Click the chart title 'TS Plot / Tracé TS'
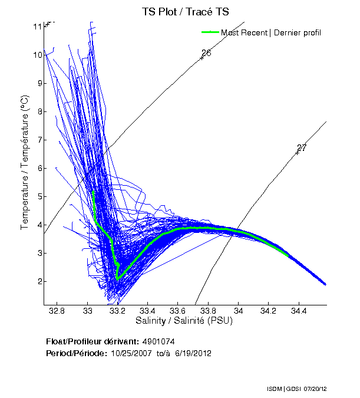184,12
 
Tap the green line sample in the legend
210,32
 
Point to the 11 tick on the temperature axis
37,27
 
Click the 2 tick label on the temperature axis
37,281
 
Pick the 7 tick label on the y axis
37,140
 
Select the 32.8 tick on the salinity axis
57,310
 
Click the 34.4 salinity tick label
299,310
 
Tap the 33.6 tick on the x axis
178,310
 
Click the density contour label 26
206,53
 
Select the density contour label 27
302,147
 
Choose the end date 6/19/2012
191,354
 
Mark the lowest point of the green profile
118,278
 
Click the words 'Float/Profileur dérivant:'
93,342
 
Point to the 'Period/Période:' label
75,354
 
